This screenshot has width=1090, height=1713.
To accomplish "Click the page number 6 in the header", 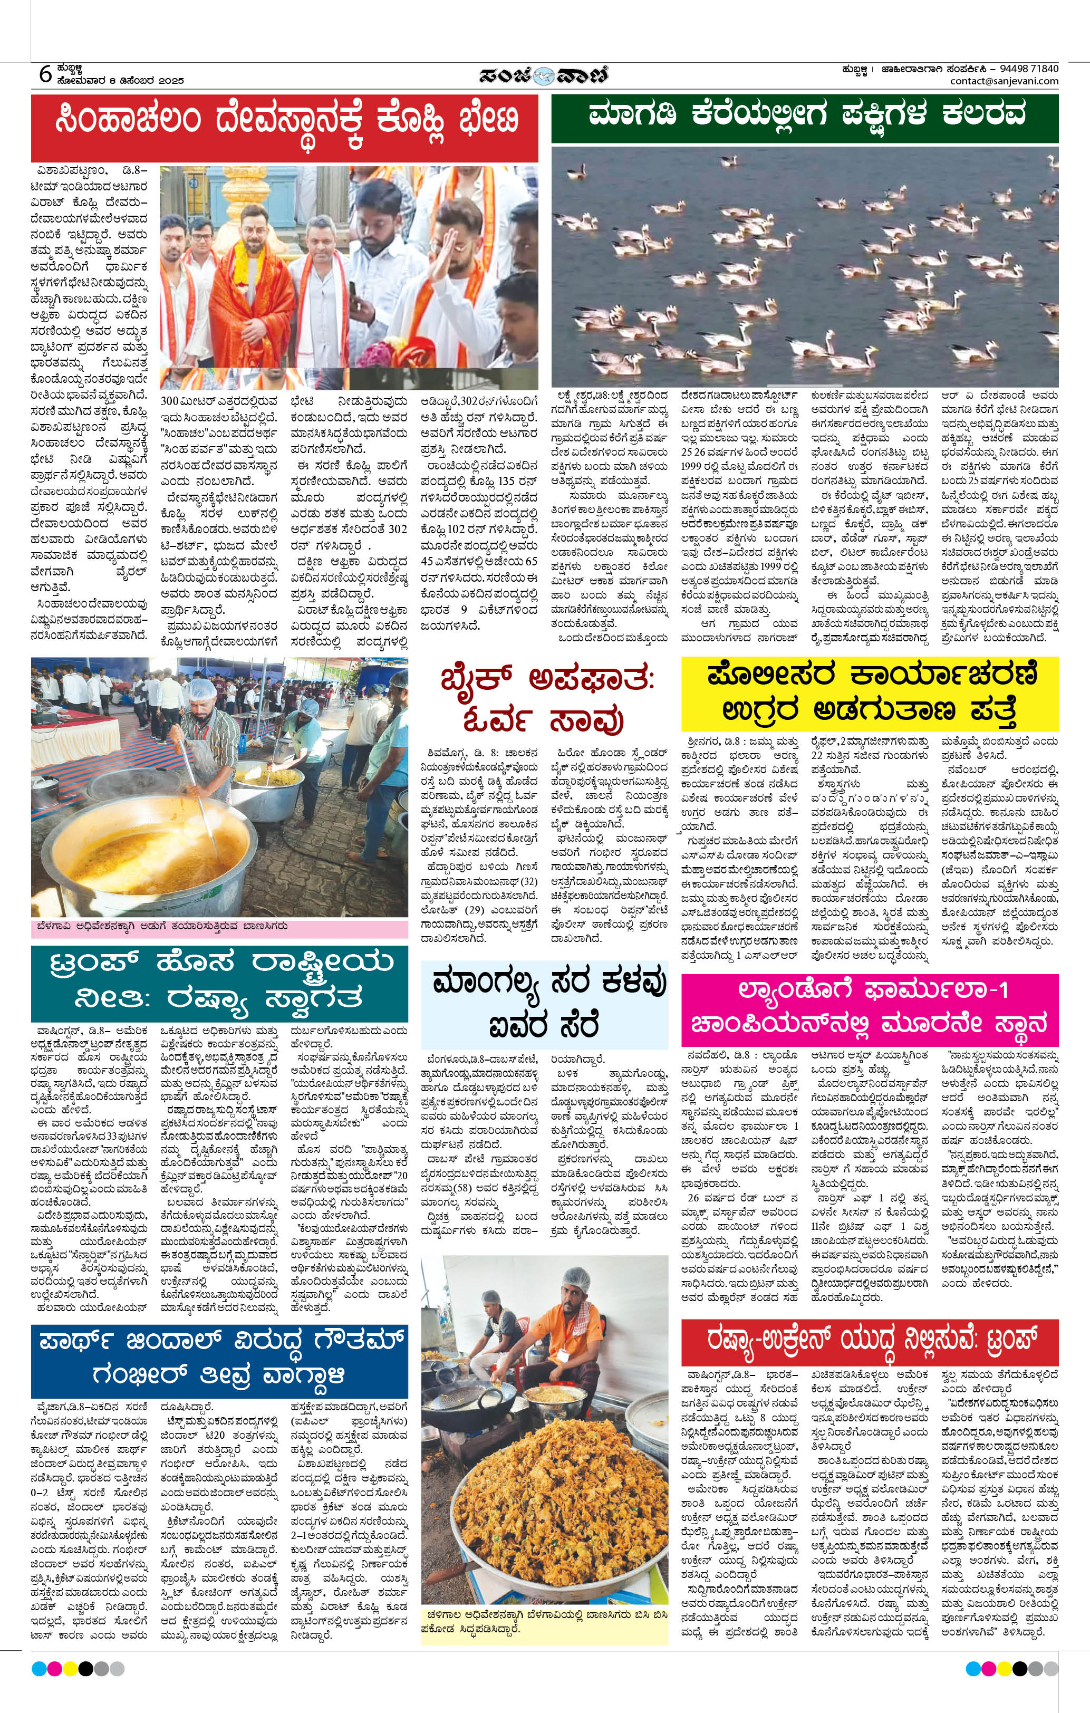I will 45,73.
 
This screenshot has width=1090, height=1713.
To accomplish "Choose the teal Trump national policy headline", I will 219,983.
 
